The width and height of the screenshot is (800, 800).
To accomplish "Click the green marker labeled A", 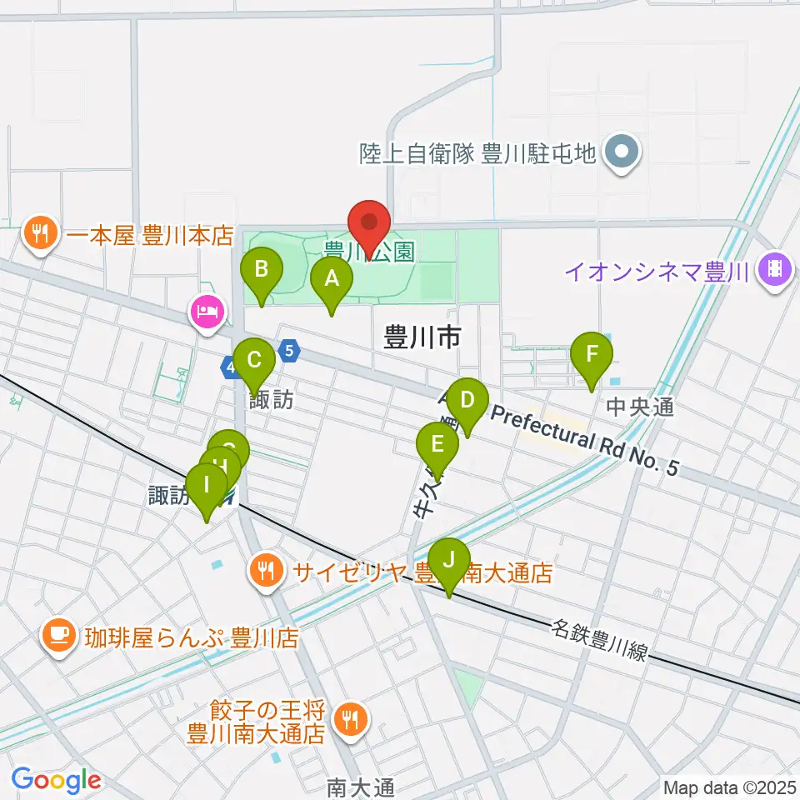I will pyautogui.click(x=331, y=280).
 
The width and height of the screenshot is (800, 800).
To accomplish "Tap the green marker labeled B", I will pyautogui.click(x=261, y=270).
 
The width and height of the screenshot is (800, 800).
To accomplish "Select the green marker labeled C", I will pyautogui.click(x=254, y=362).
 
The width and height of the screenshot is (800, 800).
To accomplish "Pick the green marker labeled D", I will pyautogui.click(x=467, y=399).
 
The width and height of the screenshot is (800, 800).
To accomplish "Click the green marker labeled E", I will pyautogui.click(x=437, y=444).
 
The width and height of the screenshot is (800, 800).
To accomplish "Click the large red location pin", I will pyautogui.click(x=369, y=225).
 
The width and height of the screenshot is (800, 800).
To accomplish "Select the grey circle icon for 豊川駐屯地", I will pyautogui.click(x=622, y=152).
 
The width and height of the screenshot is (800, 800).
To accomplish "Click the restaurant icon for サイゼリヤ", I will pyautogui.click(x=266, y=572).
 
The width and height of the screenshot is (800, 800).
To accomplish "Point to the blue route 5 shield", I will pyautogui.click(x=289, y=350).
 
